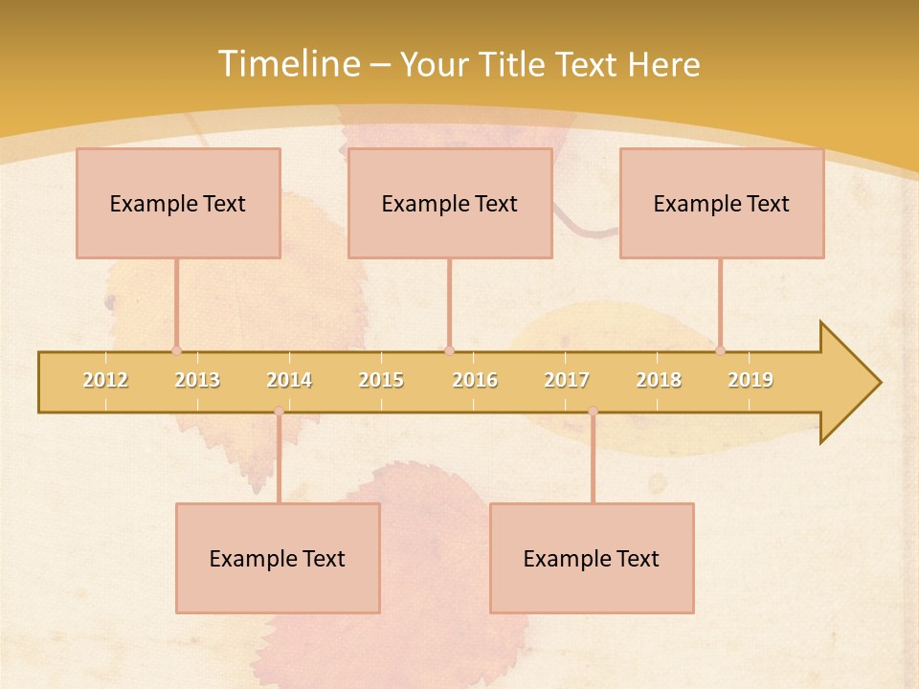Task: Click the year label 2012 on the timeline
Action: coord(105,380)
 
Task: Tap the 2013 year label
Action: coord(197,380)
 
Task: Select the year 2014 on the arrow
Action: coord(289,380)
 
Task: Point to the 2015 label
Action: coord(381,380)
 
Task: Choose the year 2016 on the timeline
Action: coord(475,380)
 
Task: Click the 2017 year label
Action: coord(567,380)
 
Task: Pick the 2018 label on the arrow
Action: coord(659,380)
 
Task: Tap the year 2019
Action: coord(751,380)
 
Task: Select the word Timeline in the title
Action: coord(286,64)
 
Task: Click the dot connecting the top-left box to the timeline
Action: coord(176,350)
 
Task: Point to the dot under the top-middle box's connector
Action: coord(449,350)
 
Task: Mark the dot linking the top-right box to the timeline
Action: coord(720,350)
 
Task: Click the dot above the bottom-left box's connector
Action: coord(279,411)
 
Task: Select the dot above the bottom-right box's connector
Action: coord(593,411)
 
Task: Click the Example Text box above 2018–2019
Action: coord(722,203)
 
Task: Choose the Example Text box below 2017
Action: coord(592,558)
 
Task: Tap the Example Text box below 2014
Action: coord(278,558)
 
